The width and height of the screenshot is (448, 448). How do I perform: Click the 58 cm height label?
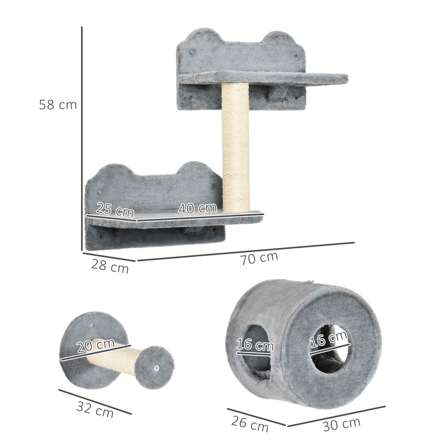pos(58,105)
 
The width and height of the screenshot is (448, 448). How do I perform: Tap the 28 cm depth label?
pos(110,267)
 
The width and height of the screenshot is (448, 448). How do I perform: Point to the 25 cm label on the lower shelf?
pos(115,210)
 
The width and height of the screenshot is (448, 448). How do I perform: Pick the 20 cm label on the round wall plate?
pos(96,346)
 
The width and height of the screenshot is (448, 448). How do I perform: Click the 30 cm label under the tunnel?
pos(342,424)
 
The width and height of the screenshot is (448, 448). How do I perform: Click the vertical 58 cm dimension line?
pos(82,138)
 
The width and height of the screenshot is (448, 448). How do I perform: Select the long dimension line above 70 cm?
pos(246,251)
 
